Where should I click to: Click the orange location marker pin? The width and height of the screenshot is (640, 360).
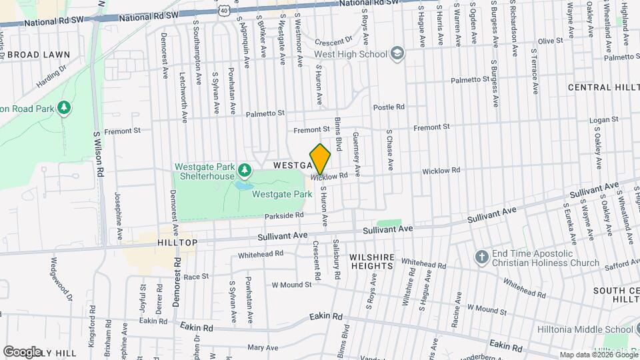(320, 159)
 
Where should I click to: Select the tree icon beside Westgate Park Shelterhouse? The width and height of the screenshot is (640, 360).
(244, 171)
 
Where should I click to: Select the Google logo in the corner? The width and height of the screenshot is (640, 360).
(21, 351)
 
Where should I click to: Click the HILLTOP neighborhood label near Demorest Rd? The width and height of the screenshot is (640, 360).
(177, 243)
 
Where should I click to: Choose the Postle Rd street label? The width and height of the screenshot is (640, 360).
(389, 107)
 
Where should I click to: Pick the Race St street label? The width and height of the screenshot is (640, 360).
(196, 276)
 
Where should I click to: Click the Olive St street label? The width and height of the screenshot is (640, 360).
(550, 41)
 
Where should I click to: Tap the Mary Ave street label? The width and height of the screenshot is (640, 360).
(262, 347)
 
